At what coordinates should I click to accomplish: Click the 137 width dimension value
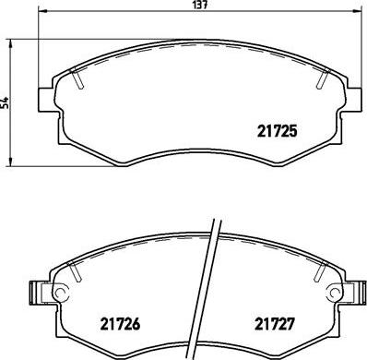pos(199,6)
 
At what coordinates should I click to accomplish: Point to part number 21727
pos(274,324)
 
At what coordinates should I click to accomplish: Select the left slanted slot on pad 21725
pos(78,82)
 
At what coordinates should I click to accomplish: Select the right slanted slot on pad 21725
pos(322,81)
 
